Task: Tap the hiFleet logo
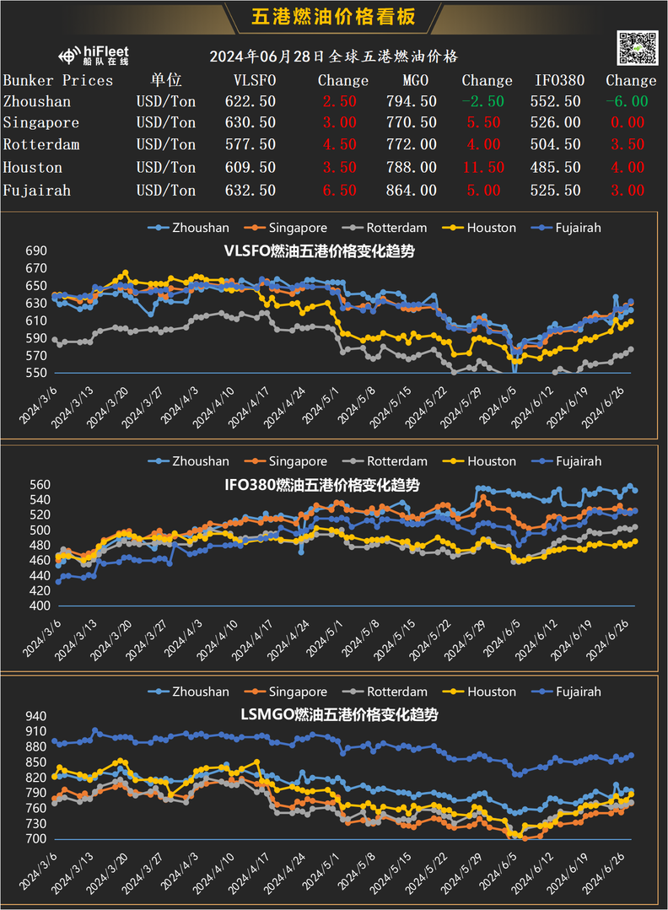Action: click(x=94, y=56)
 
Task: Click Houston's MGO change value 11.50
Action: click(x=483, y=167)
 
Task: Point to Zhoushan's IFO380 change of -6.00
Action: click(x=627, y=101)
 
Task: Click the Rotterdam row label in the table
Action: click(x=41, y=145)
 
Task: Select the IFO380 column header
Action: click(x=558, y=80)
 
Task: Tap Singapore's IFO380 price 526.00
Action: click(x=558, y=123)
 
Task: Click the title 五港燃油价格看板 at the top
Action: click(x=334, y=16)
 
